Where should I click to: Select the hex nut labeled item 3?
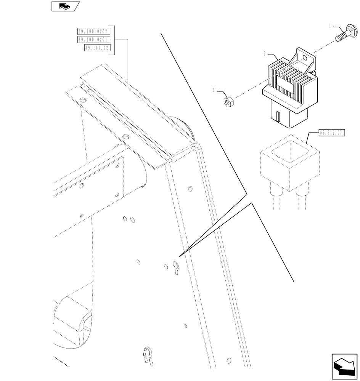227,101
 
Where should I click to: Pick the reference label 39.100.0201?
93,40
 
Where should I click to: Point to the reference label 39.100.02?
96,48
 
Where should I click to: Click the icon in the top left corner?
64,6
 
